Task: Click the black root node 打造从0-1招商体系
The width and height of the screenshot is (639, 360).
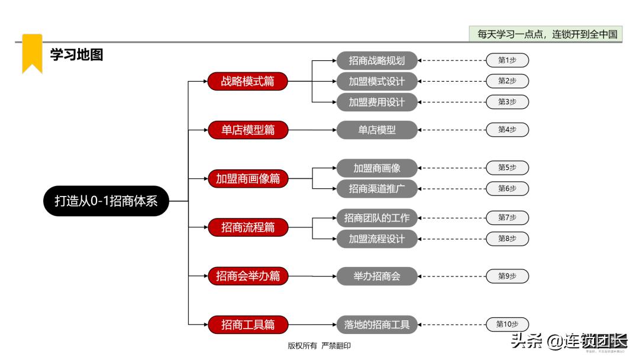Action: [106, 201]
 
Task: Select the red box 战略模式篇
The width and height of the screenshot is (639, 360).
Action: [248, 82]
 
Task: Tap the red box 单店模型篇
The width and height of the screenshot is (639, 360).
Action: [248, 130]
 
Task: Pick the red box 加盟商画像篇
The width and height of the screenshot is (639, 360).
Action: [248, 178]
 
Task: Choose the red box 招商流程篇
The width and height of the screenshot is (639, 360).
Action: [248, 227]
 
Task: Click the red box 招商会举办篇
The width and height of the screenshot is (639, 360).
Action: [248, 276]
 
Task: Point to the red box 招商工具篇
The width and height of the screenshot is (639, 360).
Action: [248, 324]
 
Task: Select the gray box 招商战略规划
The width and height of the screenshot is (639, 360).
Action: [377, 60]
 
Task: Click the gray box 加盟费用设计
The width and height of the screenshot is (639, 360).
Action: [377, 102]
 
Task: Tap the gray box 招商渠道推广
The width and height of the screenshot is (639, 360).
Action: [377, 189]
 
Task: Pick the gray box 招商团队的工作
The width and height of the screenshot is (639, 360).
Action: [377, 218]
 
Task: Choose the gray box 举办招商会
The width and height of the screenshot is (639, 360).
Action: [377, 276]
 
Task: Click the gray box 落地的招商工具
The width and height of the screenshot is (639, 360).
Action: [377, 324]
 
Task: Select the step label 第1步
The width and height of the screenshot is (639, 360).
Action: [507, 60]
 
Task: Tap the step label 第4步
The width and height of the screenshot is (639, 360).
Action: [507, 130]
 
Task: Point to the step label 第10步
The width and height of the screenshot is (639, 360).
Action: [507, 324]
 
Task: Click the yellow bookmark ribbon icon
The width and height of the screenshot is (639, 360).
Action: [32, 53]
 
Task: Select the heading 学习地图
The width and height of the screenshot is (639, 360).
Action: [76, 55]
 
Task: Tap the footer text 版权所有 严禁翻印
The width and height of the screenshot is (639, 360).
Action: [319, 346]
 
